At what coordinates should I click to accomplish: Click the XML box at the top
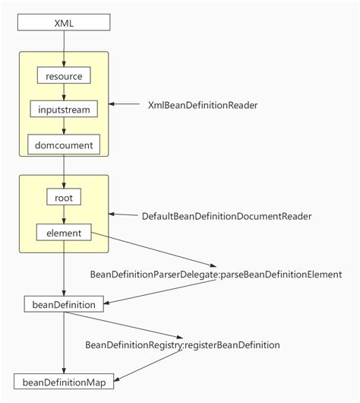64,23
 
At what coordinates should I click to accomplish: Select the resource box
64,76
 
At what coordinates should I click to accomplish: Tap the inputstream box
64,109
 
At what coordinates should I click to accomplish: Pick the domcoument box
64,144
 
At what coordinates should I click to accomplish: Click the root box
64,197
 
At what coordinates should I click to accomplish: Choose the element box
64,231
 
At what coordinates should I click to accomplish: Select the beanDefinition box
64,304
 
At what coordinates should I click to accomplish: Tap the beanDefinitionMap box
64,382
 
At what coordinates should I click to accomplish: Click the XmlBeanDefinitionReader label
203,105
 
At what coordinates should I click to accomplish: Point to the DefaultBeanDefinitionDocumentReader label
226,216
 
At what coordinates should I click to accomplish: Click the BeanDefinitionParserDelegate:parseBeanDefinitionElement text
216,274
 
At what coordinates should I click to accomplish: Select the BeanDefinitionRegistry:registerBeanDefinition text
182,344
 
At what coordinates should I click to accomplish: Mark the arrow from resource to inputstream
64,93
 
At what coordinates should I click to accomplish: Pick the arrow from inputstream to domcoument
64,127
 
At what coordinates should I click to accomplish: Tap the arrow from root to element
64,214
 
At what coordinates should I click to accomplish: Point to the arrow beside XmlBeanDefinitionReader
125,105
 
